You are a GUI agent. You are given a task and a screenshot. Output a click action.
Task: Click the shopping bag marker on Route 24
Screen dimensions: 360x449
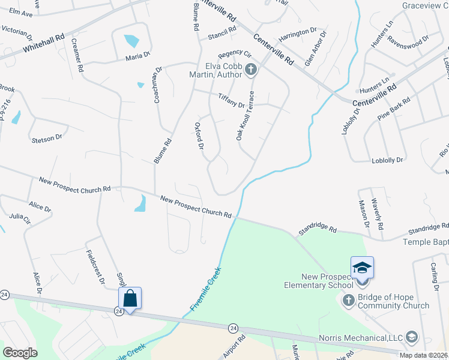(130, 298)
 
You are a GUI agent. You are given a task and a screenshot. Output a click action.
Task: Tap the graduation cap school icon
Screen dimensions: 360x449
(362, 268)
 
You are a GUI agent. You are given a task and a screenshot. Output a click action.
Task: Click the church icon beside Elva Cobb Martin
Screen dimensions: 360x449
(251, 71)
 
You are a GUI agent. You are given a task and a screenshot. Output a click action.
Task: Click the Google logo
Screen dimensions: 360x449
(20, 352)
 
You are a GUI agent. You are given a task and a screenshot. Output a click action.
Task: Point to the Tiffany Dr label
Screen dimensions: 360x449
(232, 100)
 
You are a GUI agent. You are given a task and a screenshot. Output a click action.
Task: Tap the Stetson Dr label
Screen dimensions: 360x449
(47, 138)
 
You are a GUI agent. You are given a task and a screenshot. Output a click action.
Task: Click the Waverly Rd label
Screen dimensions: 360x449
(376, 215)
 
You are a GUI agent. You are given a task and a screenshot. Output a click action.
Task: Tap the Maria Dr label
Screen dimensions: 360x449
(137, 56)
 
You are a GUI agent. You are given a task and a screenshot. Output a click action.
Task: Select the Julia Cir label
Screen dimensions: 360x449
(20, 218)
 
